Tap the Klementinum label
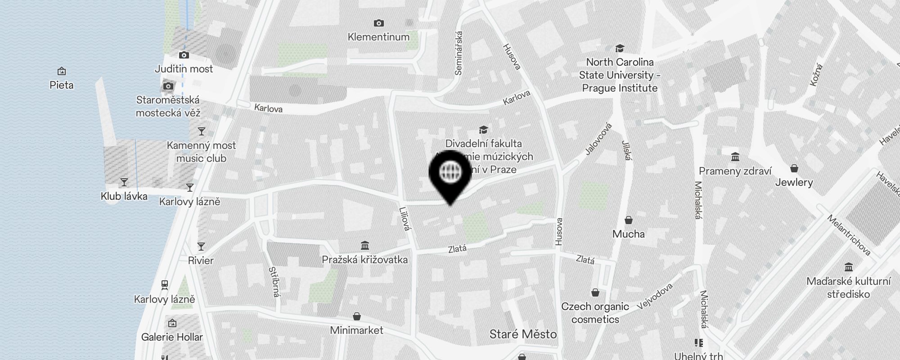[378, 37]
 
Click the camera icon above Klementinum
[378, 23]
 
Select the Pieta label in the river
[62, 85]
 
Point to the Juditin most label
[184, 69]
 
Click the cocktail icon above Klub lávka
[124, 182]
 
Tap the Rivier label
[201, 261]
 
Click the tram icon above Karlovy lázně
[165, 284]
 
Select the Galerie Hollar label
[172, 337]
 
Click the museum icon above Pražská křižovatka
[365, 246]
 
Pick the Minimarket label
[356, 330]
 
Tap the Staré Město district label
[523, 334]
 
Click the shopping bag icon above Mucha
[629, 220]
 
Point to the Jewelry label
[794, 182]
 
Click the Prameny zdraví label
[735, 171]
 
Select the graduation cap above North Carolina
[620, 48]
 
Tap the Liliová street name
[405, 219]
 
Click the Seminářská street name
[459, 53]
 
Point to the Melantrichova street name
[849, 235]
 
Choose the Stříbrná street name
[274, 282]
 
